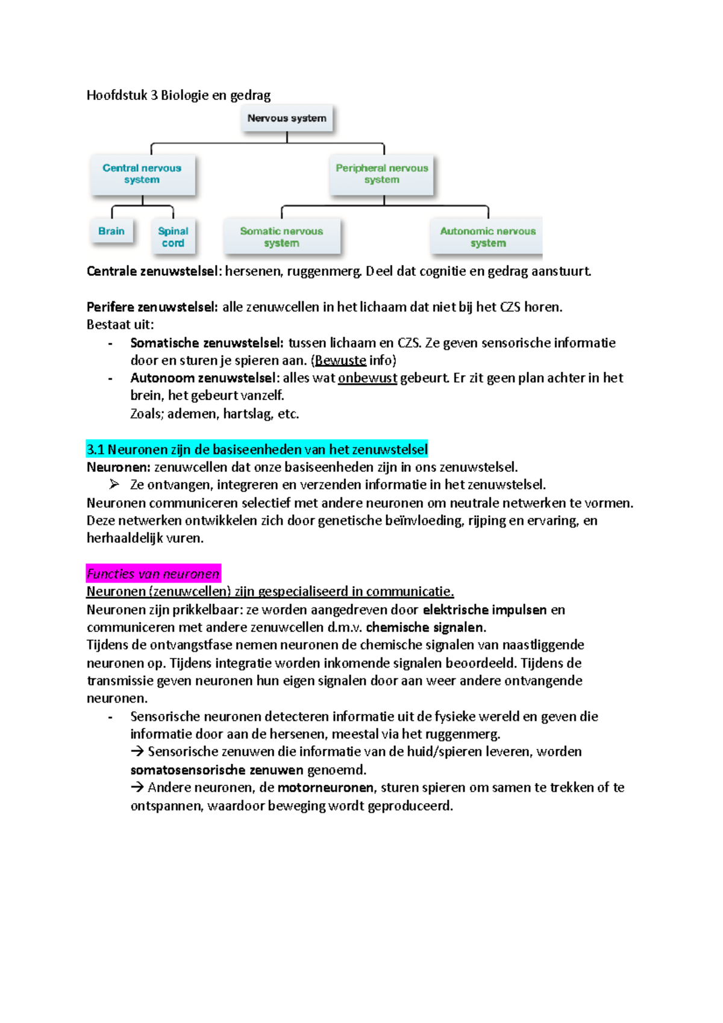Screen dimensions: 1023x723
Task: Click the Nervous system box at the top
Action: [x=287, y=118]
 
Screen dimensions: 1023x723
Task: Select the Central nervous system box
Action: [x=142, y=174]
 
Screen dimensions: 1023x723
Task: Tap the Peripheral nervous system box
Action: [x=381, y=174]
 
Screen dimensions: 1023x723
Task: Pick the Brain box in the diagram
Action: [x=111, y=231]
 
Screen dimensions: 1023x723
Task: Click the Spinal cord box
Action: [x=173, y=237]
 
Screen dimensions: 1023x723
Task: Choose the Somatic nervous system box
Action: [x=281, y=237]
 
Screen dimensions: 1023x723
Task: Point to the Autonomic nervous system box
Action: [x=487, y=237]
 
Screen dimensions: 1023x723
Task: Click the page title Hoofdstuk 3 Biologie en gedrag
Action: [x=178, y=95]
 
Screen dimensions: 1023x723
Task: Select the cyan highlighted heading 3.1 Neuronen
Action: [x=257, y=449]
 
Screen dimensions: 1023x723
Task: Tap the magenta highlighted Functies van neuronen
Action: [x=153, y=574]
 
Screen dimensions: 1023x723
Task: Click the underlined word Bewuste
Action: [x=340, y=361]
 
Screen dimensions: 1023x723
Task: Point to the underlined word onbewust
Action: [x=368, y=378]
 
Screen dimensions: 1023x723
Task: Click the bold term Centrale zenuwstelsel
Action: [x=154, y=271]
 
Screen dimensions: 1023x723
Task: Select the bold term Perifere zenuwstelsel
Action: [x=152, y=307]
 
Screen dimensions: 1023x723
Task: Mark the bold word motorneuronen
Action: [x=325, y=788]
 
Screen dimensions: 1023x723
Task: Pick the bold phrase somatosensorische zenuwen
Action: [x=217, y=770]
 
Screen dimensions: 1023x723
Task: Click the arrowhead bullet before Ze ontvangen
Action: [x=114, y=484]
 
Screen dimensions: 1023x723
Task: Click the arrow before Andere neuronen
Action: [x=137, y=787]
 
